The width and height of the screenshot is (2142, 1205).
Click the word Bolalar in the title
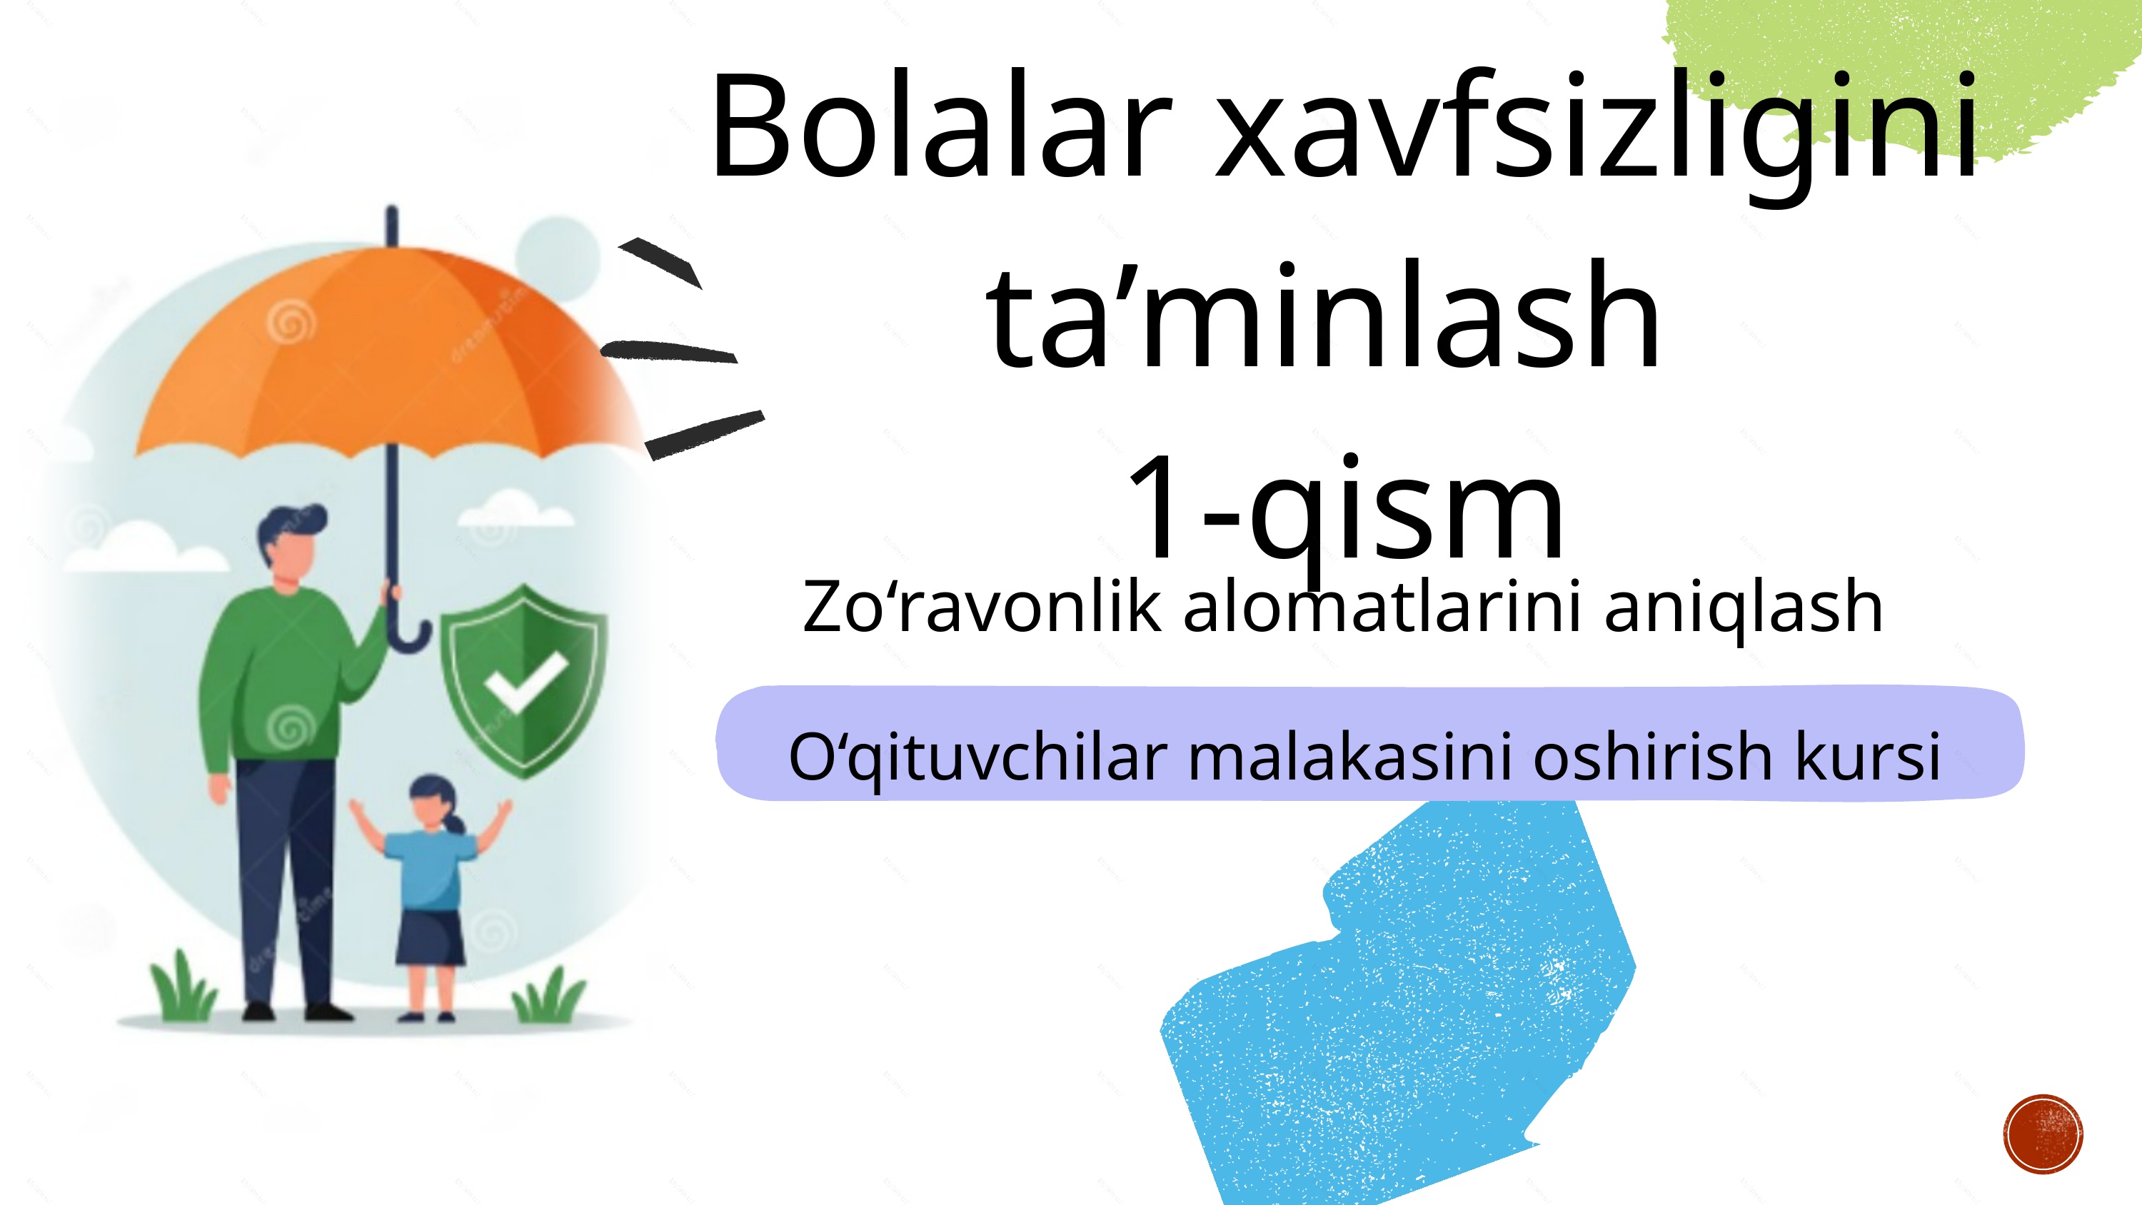pyautogui.click(x=940, y=127)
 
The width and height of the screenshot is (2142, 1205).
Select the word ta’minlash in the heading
pyautogui.click(x=1322, y=316)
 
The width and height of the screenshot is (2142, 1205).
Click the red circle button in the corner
pyautogui.click(x=2043, y=1134)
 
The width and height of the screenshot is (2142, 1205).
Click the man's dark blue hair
pyautogui.click(x=287, y=524)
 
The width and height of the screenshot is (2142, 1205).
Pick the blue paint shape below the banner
pyautogui.click(x=1397, y=998)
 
